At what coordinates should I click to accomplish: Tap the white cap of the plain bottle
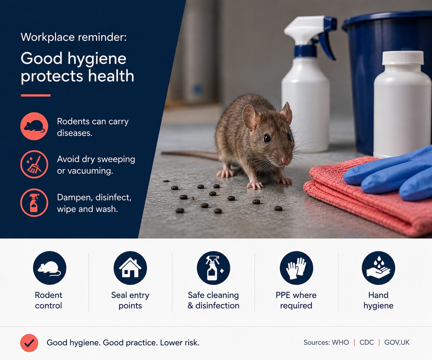point(403,58)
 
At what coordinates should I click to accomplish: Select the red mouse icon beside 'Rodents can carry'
point(34,126)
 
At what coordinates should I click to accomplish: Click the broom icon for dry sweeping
point(34,164)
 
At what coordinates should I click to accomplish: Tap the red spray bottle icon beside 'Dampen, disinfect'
point(34,203)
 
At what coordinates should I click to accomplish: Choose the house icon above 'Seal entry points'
point(130,268)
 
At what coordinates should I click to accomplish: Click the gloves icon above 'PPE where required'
point(296,268)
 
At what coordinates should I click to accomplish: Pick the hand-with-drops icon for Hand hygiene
point(378,268)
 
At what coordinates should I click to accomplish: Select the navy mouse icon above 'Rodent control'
point(50,268)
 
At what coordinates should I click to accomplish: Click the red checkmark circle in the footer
point(29,343)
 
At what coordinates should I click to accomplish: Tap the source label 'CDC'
point(367,343)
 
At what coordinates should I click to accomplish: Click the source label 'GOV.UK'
point(397,343)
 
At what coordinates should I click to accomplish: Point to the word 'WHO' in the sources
point(340,343)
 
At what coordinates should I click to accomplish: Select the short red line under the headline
point(36,95)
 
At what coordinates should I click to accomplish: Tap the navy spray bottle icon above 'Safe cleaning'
point(214,268)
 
